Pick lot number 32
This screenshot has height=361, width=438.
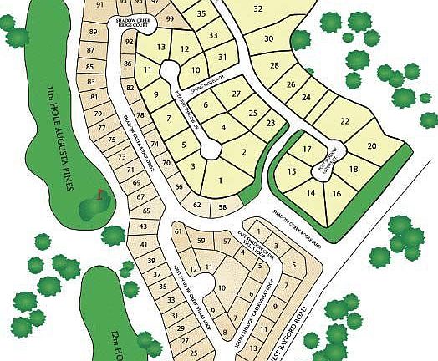(x=258, y=8)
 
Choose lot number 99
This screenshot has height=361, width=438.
(x=171, y=18)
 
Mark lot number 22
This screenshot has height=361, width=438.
(x=344, y=121)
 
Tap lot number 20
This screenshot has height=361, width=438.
(x=372, y=145)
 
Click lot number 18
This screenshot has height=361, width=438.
(x=354, y=169)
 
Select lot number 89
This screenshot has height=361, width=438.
(x=92, y=33)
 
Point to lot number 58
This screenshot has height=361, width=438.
(x=223, y=206)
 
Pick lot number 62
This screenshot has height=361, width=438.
(x=197, y=204)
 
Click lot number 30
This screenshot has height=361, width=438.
(x=269, y=38)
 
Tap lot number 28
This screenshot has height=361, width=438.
(x=275, y=65)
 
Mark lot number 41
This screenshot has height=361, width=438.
(x=143, y=244)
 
